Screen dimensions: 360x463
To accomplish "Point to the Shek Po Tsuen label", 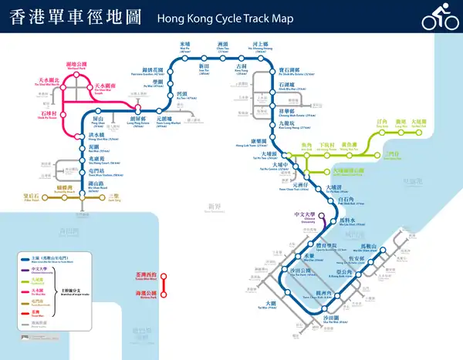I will pos(47,117).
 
